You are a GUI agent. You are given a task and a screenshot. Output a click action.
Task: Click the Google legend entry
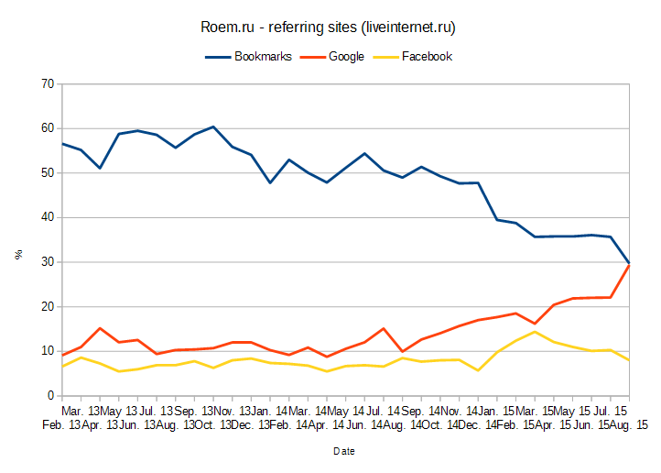346,56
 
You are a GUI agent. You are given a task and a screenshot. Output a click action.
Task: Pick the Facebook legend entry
427,56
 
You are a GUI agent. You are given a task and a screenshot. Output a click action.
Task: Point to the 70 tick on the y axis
47,84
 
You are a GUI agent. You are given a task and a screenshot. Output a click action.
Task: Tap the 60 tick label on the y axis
47,128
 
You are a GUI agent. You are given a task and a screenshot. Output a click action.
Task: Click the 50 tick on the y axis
47,173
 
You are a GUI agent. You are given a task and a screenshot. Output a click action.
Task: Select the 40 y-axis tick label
47,218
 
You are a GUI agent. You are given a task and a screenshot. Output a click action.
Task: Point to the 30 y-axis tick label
47,262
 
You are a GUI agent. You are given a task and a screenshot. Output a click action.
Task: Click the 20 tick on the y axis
47,307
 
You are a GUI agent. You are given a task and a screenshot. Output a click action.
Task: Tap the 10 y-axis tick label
47,351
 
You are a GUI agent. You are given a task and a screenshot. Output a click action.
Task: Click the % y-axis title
18,255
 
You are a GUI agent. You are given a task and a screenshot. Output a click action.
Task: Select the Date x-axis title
344,451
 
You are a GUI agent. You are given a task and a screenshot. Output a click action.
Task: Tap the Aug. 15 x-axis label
629,424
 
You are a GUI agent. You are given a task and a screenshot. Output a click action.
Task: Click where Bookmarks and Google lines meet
629,264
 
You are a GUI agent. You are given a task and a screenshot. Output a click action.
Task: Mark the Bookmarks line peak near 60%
212,126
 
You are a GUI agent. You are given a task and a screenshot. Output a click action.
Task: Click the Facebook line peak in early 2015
534,332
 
